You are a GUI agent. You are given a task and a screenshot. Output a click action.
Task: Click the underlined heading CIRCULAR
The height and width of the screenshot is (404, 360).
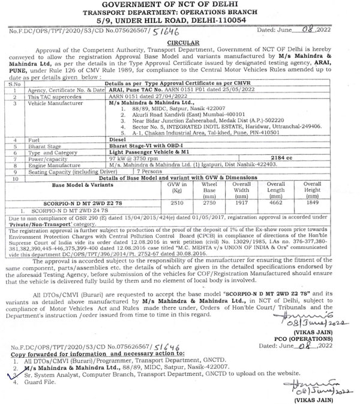[179, 44]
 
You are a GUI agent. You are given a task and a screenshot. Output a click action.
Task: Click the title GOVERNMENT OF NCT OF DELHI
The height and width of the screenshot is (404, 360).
[179, 5]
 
